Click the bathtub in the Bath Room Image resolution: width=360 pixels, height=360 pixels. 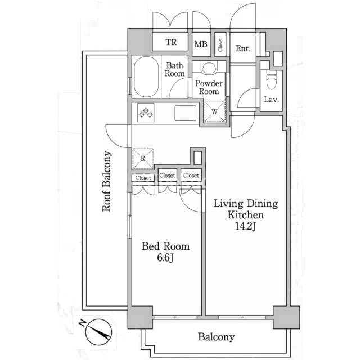coord(146,76)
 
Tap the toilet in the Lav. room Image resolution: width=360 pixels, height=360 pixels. coord(272,79)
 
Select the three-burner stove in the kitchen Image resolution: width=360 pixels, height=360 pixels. coord(146,112)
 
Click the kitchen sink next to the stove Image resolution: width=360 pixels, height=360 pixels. coord(186,112)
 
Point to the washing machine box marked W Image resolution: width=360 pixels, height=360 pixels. coord(215,111)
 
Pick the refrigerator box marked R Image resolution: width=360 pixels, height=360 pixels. coord(143,159)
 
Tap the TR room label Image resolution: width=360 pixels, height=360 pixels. coord(171,42)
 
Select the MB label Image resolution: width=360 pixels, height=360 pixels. coord(201,44)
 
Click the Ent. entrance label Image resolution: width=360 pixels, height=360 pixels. coord(243,48)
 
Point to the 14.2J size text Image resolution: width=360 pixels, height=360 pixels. coord(245,226)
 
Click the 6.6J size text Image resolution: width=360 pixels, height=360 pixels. coord(165,258)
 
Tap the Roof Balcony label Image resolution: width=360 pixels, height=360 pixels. coord(106,181)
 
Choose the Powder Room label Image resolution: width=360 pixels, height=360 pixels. coord(209,87)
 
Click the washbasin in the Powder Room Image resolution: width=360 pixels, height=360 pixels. coord(209,67)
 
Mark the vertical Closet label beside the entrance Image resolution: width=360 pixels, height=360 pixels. coord(220,45)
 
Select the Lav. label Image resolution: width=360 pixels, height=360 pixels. coord(271,99)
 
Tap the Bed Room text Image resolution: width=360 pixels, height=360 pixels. coord(165,246)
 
